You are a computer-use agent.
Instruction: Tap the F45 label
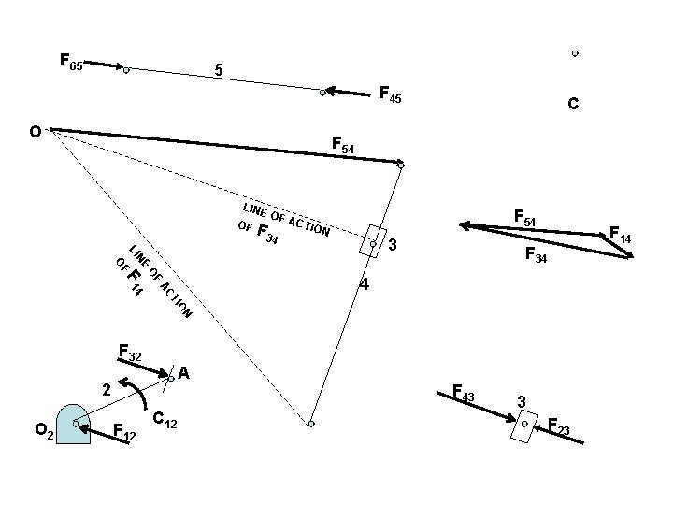point(390,94)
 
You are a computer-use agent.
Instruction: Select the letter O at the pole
point(35,132)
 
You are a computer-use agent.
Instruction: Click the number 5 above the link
point(218,70)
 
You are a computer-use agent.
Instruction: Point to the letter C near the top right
point(573,106)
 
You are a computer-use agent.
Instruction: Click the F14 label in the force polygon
point(621,236)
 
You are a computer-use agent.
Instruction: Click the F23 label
point(559,428)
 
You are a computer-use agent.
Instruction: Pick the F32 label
point(130,353)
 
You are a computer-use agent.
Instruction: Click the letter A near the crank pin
point(184,373)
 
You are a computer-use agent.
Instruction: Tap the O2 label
point(43,430)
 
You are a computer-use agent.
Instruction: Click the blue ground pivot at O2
point(73,425)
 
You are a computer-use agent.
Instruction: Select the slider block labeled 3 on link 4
point(373,241)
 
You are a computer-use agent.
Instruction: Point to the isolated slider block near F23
point(524,425)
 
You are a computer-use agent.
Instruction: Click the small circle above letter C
point(575,53)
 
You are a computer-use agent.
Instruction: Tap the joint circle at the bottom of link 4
point(311,424)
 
